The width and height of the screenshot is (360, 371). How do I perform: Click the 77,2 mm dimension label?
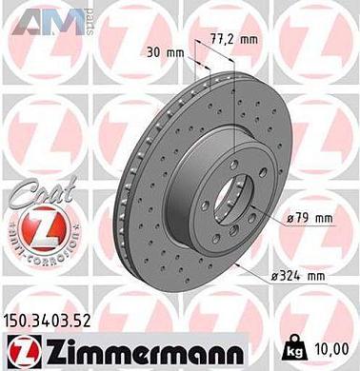click(237, 39)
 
